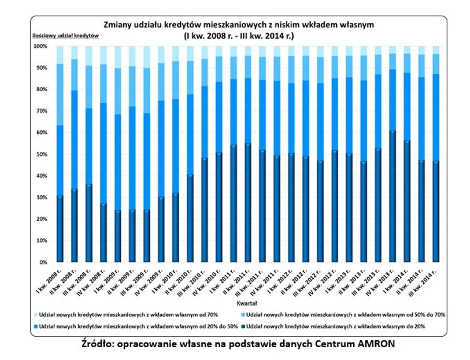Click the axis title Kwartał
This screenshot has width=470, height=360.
[248, 304]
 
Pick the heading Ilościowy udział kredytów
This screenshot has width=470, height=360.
[65, 36]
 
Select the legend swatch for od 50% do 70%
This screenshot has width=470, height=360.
[242, 314]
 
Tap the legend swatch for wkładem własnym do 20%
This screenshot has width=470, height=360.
[242, 325]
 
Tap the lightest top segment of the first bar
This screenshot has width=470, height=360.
[60, 55]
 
